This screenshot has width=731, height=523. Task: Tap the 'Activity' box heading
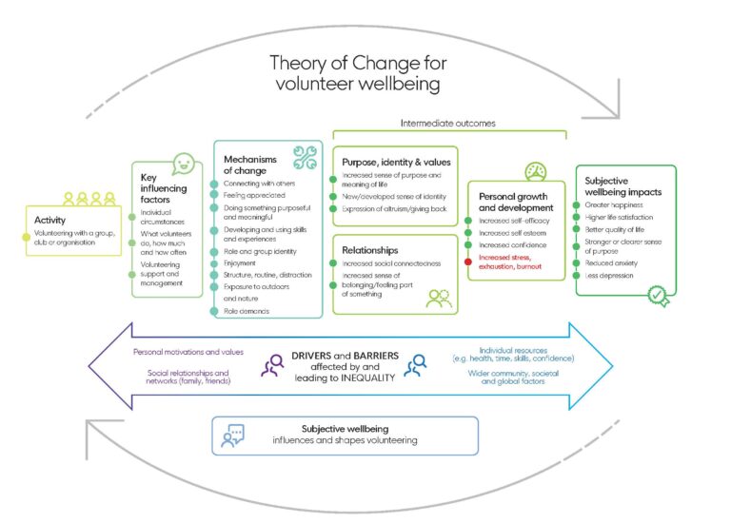click(49, 219)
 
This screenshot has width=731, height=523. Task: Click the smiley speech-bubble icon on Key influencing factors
click(183, 165)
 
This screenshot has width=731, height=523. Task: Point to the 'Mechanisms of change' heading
click(249, 164)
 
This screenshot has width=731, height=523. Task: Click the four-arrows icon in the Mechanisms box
click(305, 158)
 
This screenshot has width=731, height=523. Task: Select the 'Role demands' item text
click(246, 311)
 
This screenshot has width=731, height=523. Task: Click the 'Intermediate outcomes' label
click(448, 123)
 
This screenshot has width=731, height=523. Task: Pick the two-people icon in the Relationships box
click(439, 299)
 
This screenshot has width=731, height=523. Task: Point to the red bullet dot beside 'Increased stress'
click(468, 258)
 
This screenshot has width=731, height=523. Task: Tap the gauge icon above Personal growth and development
click(535, 171)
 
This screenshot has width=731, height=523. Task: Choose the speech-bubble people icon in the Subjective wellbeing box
click(233, 436)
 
